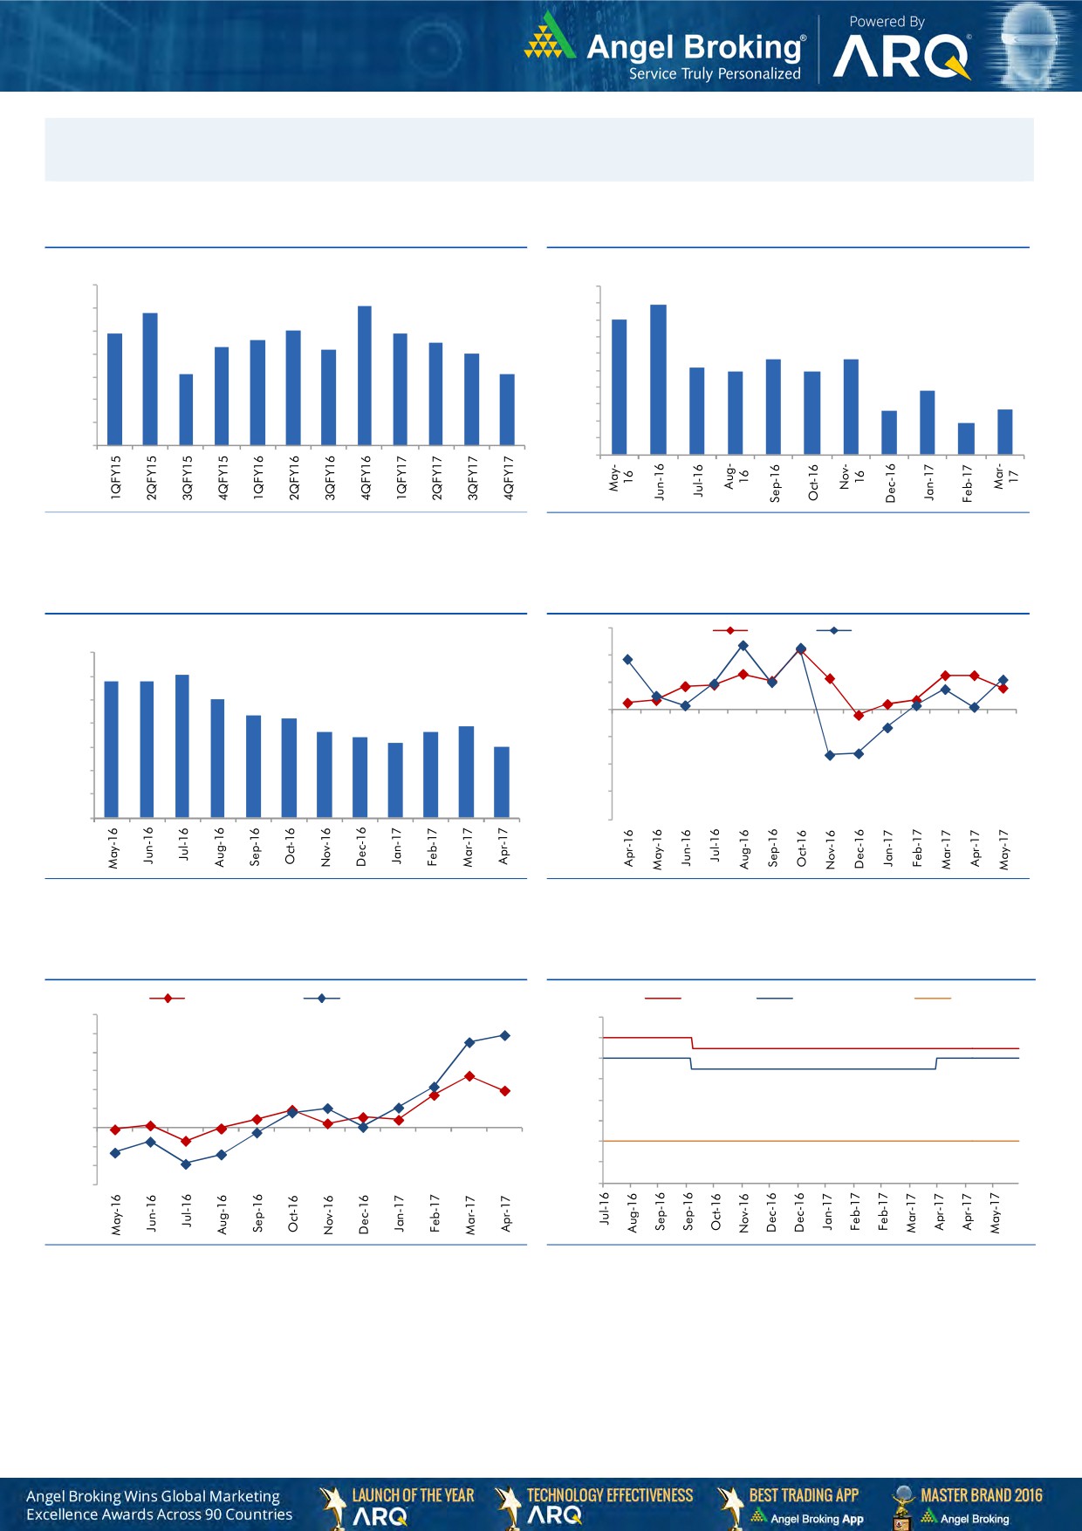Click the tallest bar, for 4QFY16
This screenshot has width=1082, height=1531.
tap(365, 375)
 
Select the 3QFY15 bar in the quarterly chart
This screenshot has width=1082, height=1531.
tap(186, 410)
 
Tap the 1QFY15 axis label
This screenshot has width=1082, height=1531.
tap(115, 477)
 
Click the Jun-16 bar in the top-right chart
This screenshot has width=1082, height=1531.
tap(658, 380)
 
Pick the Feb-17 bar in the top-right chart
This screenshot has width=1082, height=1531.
tap(966, 439)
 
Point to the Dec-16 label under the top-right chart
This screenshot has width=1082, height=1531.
tap(890, 482)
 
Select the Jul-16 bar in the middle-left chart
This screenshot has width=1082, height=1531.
tap(182, 746)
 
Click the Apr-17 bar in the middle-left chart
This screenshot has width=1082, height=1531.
tap(502, 782)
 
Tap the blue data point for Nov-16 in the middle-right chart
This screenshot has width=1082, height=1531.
tap(830, 755)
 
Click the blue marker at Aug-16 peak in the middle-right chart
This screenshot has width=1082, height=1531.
tap(743, 645)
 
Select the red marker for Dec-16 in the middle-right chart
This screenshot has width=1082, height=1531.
tap(859, 716)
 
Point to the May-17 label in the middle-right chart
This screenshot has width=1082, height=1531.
tap(1004, 848)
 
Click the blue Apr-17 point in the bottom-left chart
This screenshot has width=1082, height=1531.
tap(505, 1035)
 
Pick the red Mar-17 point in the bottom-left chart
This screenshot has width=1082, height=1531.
tap(469, 1076)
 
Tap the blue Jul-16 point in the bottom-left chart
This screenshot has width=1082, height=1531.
tap(186, 1164)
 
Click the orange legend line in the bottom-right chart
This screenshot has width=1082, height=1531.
tap(932, 998)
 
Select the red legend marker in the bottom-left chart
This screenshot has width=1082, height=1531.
tap(167, 998)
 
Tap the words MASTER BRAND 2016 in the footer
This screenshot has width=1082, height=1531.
tap(981, 1495)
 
